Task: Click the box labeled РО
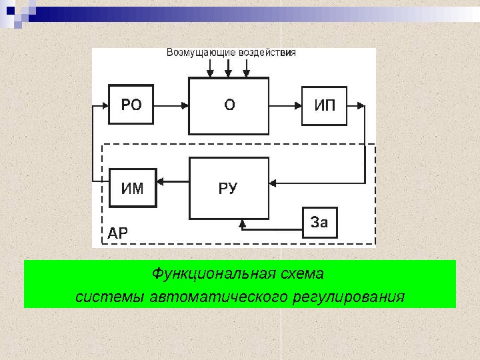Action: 131,105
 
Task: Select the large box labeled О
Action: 229,105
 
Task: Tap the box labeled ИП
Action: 324,105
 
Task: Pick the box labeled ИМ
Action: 132,188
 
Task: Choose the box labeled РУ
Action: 229,188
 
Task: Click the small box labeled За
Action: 320,223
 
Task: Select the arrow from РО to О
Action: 171,105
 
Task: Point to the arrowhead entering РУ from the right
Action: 273,181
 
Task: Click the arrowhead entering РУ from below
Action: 241,223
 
